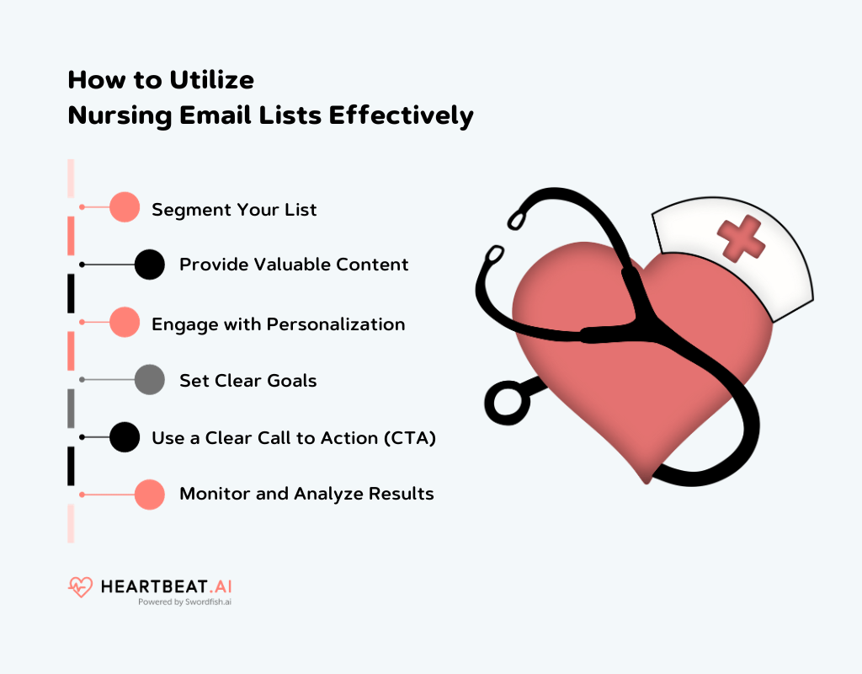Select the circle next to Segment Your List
pos(125,207)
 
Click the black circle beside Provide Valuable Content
pos(150,265)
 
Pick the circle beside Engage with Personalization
pos(125,323)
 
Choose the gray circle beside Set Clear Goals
pos(150,380)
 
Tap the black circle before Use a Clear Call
pos(125,437)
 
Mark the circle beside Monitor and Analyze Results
pos(150,495)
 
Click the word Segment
pos(186,210)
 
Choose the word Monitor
pos(214,494)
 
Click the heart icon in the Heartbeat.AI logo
pos(80,586)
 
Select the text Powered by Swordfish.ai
pos(184,602)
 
